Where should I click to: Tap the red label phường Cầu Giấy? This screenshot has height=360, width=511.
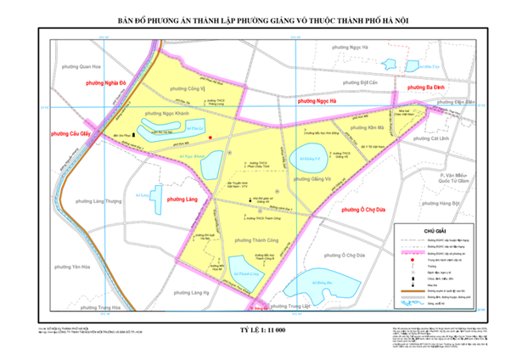pos(71,133)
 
